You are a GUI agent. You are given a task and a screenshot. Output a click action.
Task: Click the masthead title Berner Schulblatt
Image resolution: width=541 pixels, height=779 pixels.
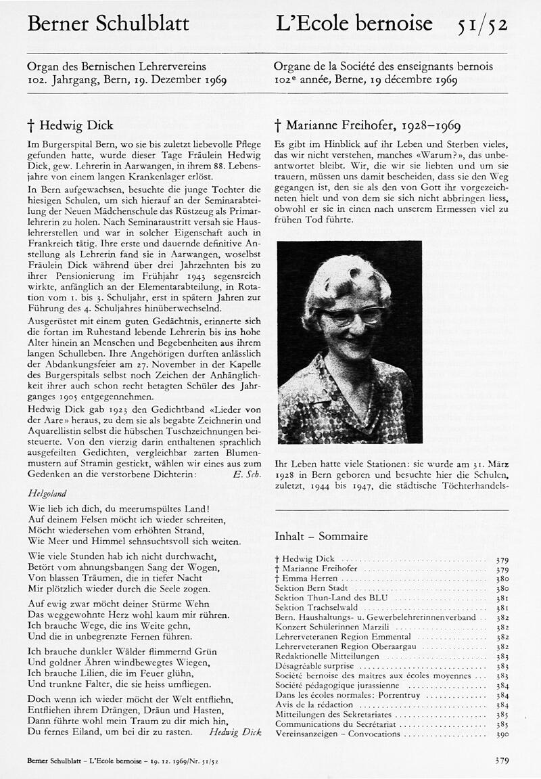(108, 24)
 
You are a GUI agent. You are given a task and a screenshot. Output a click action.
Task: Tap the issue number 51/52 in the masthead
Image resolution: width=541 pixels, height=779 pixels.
(481, 25)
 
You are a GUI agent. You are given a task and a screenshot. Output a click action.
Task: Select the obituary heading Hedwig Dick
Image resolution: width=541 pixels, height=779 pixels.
(70, 125)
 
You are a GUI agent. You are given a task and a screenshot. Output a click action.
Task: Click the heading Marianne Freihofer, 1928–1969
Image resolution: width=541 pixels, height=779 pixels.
(368, 125)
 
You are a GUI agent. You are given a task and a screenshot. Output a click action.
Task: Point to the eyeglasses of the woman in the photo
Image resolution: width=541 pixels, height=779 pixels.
(353, 315)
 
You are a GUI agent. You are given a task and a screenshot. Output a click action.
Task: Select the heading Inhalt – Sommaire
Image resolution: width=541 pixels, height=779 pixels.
(321, 537)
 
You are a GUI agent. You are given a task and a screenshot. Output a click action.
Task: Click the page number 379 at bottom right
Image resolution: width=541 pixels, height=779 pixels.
(501, 761)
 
